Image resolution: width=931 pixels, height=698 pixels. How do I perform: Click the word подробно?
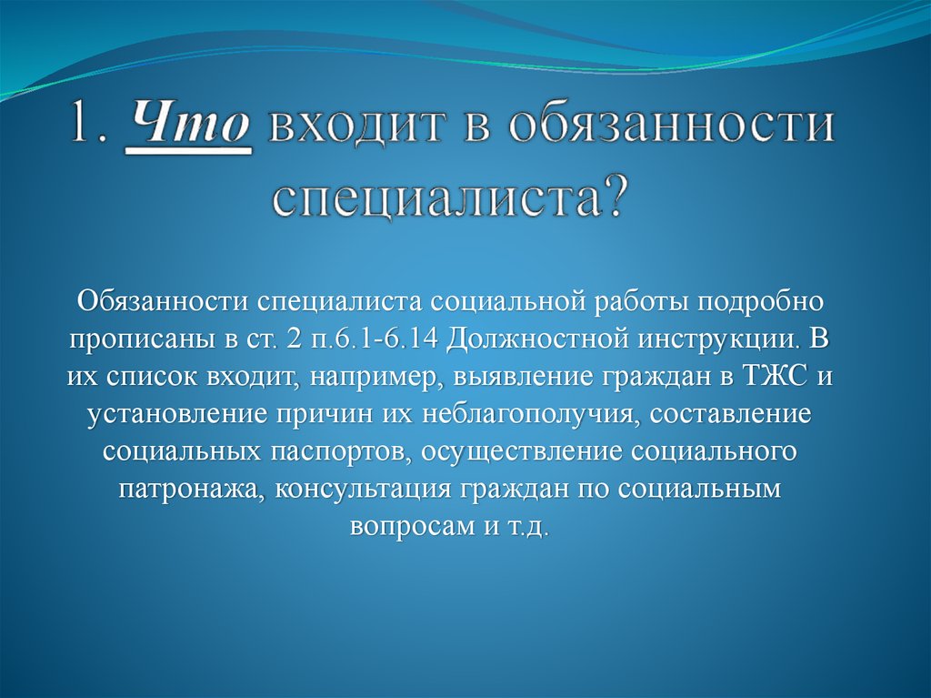(x=761, y=302)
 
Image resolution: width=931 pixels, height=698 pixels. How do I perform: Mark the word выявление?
(x=523, y=378)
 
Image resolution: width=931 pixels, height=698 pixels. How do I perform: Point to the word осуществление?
(x=522, y=453)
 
